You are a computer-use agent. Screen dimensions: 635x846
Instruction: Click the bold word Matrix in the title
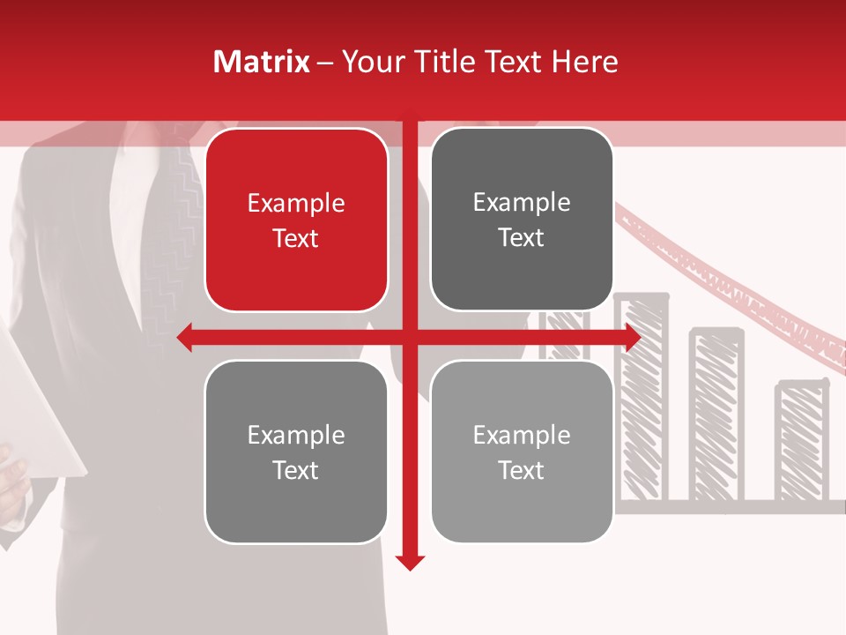pyautogui.click(x=262, y=62)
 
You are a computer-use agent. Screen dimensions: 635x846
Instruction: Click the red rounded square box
pyautogui.click(x=296, y=220)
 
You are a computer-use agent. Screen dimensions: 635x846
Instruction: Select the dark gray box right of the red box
pyautogui.click(x=522, y=219)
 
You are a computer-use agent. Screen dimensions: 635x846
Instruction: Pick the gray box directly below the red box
pyautogui.click(x=296, y=452)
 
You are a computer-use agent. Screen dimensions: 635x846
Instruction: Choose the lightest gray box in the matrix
pyautogui.click(x=522, y=452)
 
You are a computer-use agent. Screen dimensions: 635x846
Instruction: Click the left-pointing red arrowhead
pyautogui.click(x=185, y=337)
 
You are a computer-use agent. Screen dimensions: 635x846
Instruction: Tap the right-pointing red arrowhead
pyautogui.click(x=632, y=337)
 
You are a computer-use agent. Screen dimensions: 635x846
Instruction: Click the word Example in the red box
pyautogui.click(x=296, y=204)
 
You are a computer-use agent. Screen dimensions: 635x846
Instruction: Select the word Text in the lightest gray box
pyautogui.click(x=522, y=470)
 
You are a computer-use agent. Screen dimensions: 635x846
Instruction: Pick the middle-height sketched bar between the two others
pyautogui.click(x=716, y=415)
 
